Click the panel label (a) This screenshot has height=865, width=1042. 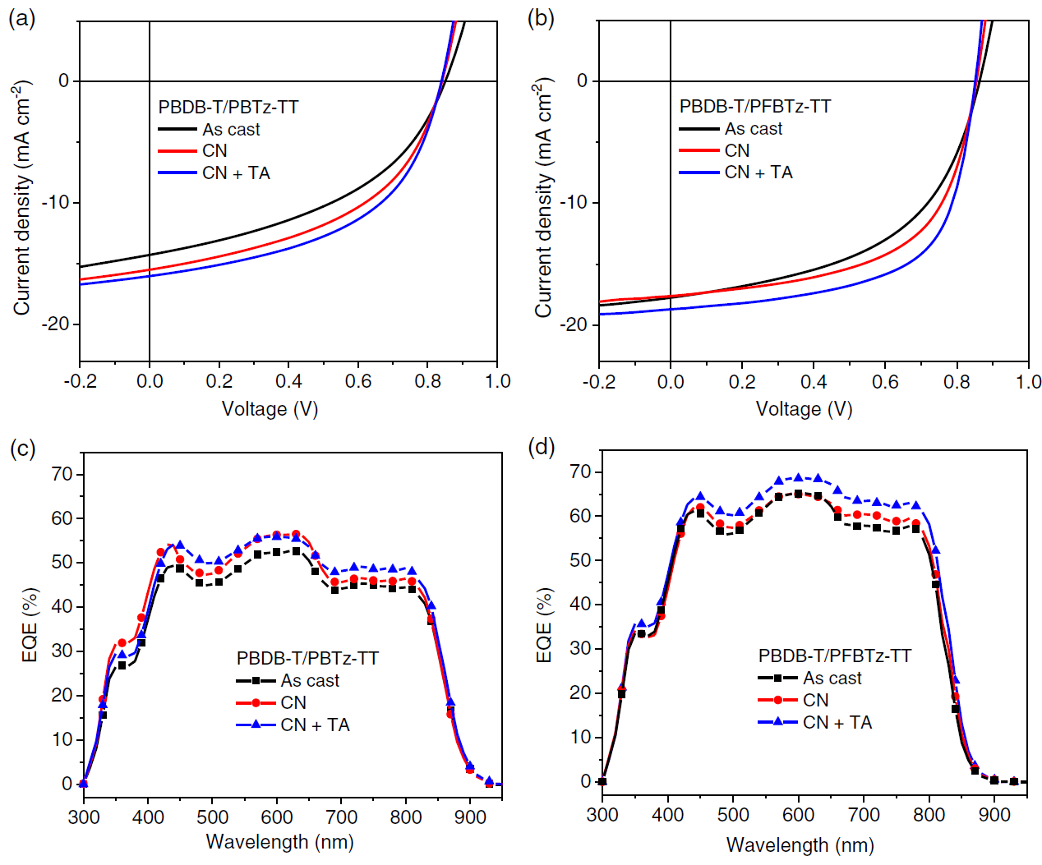pyautogui.click(x=21, y=18)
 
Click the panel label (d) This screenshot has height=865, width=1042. pyautogui.click(x=542, y=447)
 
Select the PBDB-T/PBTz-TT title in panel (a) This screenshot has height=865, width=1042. pyautogui.click(x=228, y=107)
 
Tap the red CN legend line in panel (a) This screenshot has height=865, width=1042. pyautogui.click(x=178, y=151)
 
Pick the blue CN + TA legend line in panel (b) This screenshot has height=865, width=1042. pyautogui.click(x=699, y=173)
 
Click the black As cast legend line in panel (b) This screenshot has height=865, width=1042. pyautogui.click(x=699, y=129)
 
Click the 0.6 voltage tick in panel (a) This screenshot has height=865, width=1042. pyautogui.click(x=358, y=381)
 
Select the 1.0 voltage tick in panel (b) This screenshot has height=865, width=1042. pyautogui.click(x=1028, y=381)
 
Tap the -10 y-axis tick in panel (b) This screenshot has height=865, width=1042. pyautogui.click(x=575, y=202)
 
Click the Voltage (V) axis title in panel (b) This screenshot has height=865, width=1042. pyautogui.click(x=804, y=409)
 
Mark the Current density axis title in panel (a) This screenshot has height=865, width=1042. pyautogui.click(x=22, y=197)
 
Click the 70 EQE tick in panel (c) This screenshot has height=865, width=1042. pyautogui.click(x=62, y=474)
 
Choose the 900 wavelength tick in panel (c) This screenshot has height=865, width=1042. pyautogui.click(x=470, y=817)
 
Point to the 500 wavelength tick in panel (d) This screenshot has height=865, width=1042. pyautogui.click(x=733, y=814)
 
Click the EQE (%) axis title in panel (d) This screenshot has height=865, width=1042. pyautogui.click(x=544, y=626)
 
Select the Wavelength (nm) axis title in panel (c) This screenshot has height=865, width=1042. pyautogui.click(x=279, y=842)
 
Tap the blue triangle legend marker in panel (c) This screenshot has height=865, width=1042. pyautogui.click(x=256, y=725)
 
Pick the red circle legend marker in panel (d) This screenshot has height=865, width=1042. pyautogui.click(x=777, y=701)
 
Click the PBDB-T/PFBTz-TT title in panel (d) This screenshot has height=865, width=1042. pyautogui.click(x=834, y=656)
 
